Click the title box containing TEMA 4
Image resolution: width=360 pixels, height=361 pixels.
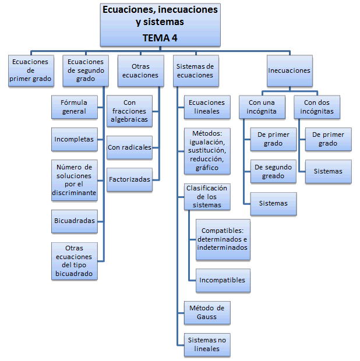160,23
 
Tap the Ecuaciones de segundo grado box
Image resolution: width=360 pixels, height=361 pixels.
86,70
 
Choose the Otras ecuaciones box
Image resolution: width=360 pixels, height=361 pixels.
140,70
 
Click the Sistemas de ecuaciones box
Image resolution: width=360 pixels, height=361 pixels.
195,70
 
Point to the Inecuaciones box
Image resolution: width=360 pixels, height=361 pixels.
289,70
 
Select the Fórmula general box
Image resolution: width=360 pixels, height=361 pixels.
74,107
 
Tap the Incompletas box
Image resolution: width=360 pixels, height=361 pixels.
74,140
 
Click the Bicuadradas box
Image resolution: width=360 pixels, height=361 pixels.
74,221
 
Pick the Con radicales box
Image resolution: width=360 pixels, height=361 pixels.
129,147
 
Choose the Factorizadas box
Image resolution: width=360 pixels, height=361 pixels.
129,179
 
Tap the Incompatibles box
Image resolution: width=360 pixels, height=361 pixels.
222,280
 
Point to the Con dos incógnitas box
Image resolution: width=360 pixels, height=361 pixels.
316,107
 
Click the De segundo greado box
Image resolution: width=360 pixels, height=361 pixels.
273,171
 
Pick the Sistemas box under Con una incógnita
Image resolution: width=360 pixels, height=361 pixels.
273,204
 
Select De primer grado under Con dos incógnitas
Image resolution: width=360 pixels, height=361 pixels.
328,139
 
